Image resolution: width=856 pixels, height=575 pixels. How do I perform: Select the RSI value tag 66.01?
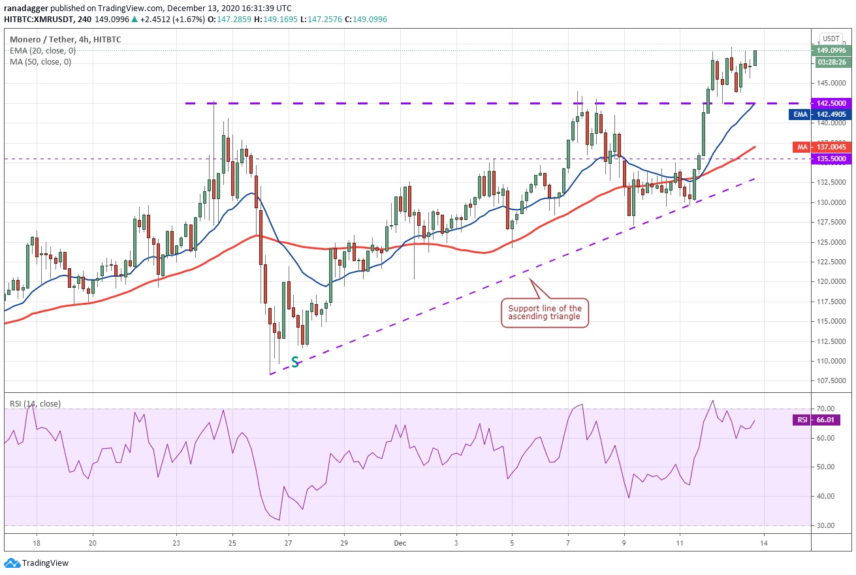coord(802,420)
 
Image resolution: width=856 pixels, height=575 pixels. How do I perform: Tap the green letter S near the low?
coord(295,362)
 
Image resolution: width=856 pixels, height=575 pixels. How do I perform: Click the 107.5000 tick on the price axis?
coord(831,381)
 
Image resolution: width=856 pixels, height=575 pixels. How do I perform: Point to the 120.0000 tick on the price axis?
coord(831,281)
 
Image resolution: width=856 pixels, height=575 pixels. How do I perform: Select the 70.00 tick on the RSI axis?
coord(827,409)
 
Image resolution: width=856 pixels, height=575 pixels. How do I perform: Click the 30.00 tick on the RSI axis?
coord(827,525)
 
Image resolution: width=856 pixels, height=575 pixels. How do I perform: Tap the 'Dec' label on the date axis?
coord(400,543)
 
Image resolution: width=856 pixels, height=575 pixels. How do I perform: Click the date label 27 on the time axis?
coord(288,543)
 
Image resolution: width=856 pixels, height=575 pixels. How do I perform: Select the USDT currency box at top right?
coord(831,39)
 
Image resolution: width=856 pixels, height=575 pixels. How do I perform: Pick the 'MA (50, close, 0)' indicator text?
coord(40,62)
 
